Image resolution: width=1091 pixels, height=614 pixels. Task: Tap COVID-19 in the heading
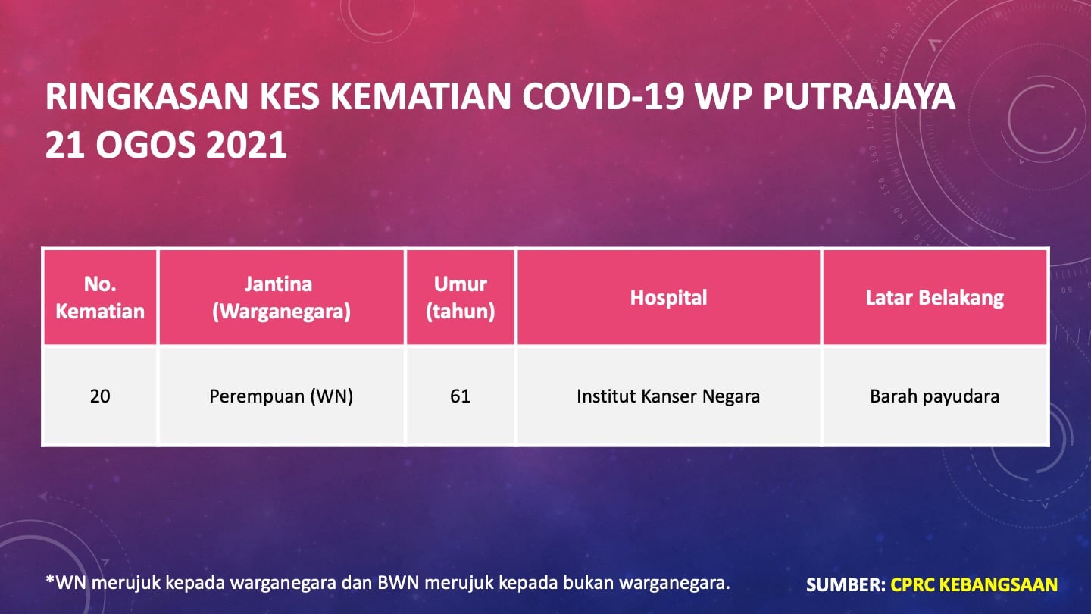click(603, 96)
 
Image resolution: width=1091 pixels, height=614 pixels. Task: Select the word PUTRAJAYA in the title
click(858, 96)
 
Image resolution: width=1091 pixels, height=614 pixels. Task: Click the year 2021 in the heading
click(246, 145)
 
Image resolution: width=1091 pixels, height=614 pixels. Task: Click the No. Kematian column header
click(100, 297)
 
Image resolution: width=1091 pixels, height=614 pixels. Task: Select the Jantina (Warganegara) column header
click(281, 297)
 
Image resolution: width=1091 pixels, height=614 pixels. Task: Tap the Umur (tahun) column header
click(461, 297)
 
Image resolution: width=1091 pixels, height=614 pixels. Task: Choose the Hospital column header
click(668, 297)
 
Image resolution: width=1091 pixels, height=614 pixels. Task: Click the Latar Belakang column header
click(935, 297)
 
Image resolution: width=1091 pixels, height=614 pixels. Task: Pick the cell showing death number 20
click(100, 396)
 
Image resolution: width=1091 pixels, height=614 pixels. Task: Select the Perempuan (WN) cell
click(281, 396)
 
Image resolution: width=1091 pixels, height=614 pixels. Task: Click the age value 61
click(461, 396)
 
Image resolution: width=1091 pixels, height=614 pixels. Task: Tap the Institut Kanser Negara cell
click(668, 396)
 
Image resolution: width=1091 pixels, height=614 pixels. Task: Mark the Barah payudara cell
click(935, 396)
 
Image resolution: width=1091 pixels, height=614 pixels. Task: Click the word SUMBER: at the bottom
click(846, 584)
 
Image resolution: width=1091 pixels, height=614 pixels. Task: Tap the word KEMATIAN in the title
click(420, 96)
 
